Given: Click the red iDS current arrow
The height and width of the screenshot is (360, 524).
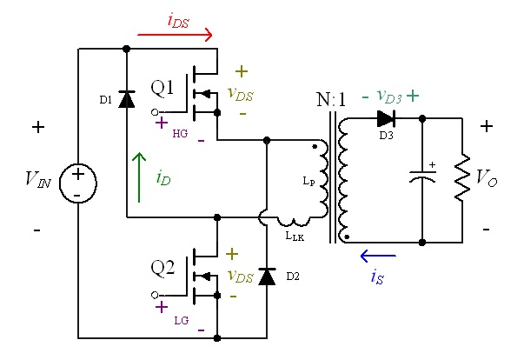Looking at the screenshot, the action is click(176, 35).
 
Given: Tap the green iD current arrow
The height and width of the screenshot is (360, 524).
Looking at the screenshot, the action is click(139, 177).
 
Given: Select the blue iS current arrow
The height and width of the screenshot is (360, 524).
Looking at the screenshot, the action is click(378, 256).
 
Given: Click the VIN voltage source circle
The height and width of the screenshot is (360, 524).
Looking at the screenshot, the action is click(78, 183).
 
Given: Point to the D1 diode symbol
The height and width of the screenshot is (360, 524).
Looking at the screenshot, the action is click(127, 99).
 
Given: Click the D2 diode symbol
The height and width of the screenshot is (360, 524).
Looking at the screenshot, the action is click(267, 277).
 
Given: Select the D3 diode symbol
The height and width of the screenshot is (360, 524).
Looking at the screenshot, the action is click(387, 118).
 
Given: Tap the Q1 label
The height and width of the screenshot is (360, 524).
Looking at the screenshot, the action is click(163, 89).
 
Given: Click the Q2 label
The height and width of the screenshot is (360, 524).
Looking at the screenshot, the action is click(163, 268).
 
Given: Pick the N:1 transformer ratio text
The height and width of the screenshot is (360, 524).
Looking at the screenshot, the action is click(331, 99).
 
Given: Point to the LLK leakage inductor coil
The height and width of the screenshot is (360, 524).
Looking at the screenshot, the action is click(293, 222).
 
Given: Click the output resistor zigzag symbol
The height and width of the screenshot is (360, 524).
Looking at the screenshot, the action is click(462, 177).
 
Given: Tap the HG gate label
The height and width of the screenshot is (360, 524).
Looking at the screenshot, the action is click(180, 134).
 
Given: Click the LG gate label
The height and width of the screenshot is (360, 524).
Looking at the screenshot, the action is click(182, 321).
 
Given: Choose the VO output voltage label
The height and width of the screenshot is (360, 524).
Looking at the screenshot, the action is click(487, 177).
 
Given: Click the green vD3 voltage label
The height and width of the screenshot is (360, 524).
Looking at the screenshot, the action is click(389, 97).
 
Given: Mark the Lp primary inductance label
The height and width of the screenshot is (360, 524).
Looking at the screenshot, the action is click(308, 182).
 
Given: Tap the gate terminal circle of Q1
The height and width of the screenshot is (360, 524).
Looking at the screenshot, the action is click(155, 112).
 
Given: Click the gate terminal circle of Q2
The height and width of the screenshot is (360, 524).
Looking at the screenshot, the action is click(155, 295).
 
